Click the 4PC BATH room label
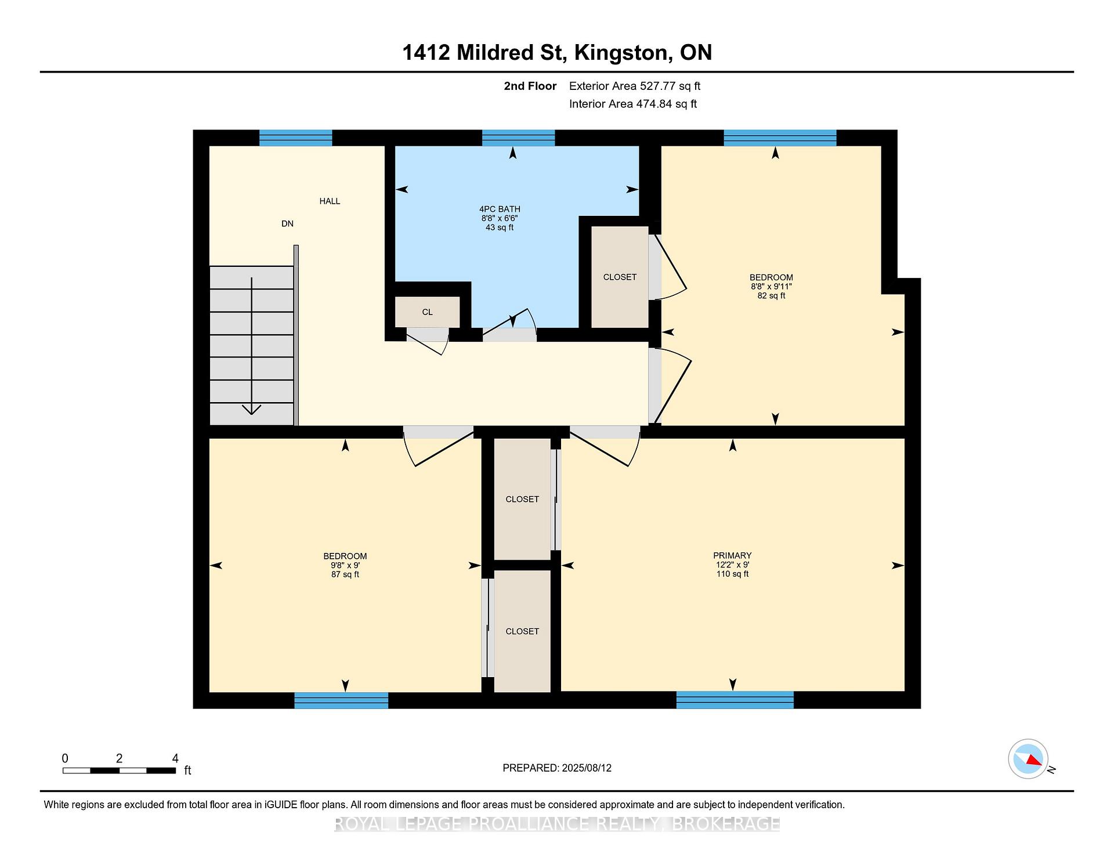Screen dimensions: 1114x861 click(500, 209)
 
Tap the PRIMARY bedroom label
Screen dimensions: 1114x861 click(733, 555)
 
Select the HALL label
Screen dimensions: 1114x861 click(330, 201)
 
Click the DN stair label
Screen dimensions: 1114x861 click(287, 223)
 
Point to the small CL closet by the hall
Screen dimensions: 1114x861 click(428, 312)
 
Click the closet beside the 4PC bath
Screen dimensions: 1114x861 click(620, 277)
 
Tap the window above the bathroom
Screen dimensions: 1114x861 click(519, 138)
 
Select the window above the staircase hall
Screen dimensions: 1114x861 click(295, 138)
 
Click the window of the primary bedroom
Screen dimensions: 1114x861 click(735, 700)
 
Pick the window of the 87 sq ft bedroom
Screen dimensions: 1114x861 click(341, 700)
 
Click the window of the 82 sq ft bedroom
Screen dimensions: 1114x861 click(780, 138)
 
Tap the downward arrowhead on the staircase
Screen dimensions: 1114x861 click(251, 410)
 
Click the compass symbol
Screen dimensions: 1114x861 click(1029, 759)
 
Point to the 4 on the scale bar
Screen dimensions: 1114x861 click(175, 758)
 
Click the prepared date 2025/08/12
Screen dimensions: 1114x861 click(587, 768)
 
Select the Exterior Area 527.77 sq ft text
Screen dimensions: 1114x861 click(635, 86)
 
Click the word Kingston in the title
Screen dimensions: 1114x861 click(620, 53)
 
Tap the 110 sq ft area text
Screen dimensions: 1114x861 click(733, 574)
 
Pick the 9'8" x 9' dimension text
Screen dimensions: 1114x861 click(345, 565)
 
